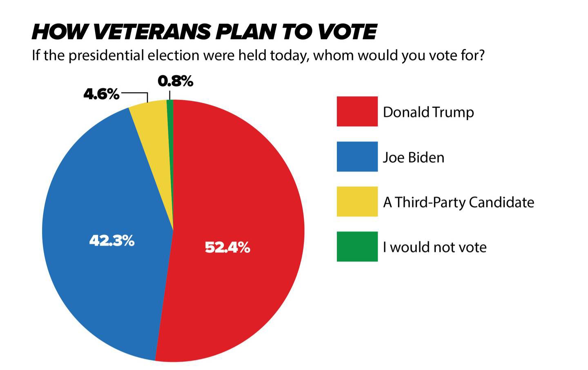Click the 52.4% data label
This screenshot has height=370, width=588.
227,247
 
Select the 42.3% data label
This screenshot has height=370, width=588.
112,241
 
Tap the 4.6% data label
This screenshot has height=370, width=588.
101,94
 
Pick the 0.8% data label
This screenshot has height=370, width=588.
175,81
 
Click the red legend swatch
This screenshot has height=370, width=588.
357,111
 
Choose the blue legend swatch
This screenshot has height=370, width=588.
357,156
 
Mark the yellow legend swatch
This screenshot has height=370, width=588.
357,201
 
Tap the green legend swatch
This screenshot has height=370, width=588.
357,246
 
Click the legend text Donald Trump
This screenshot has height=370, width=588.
428,112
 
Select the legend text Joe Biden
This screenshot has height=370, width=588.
413,157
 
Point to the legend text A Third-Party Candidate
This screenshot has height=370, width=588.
459,202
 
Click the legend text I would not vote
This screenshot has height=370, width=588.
434,247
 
